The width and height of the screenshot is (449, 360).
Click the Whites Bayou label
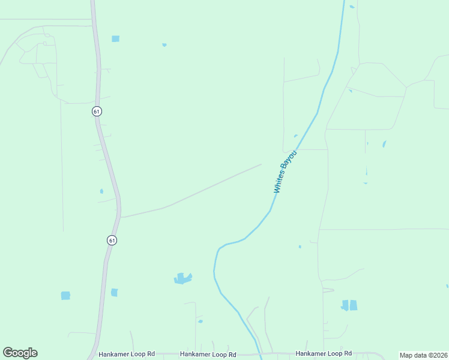point(286,172)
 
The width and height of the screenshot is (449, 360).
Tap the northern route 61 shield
point(97,111)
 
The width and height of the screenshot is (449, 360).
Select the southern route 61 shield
point(112,240)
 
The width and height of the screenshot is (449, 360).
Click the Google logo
point(20,353)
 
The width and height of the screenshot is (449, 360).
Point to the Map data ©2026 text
point(423,355)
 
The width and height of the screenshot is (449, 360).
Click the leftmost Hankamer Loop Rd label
point(126,354)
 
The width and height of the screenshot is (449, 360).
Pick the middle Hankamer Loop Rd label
point(208,355)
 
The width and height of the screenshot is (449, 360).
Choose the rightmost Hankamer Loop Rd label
point(324,354)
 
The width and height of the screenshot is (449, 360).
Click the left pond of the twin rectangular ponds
point(345,305)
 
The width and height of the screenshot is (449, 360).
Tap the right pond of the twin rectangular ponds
point(354,305)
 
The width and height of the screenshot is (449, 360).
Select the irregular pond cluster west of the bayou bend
point(182,278)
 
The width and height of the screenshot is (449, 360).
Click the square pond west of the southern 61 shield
point(65,295)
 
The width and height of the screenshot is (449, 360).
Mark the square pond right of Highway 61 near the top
point(115,39)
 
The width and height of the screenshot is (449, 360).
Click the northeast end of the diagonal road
point(261,164)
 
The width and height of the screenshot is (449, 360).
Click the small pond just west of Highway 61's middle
point(101,191)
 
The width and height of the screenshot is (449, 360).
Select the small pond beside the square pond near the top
point(164,44)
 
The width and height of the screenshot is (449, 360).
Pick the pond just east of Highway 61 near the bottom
point(114,292)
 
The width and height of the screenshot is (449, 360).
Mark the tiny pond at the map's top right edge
point(352,7)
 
